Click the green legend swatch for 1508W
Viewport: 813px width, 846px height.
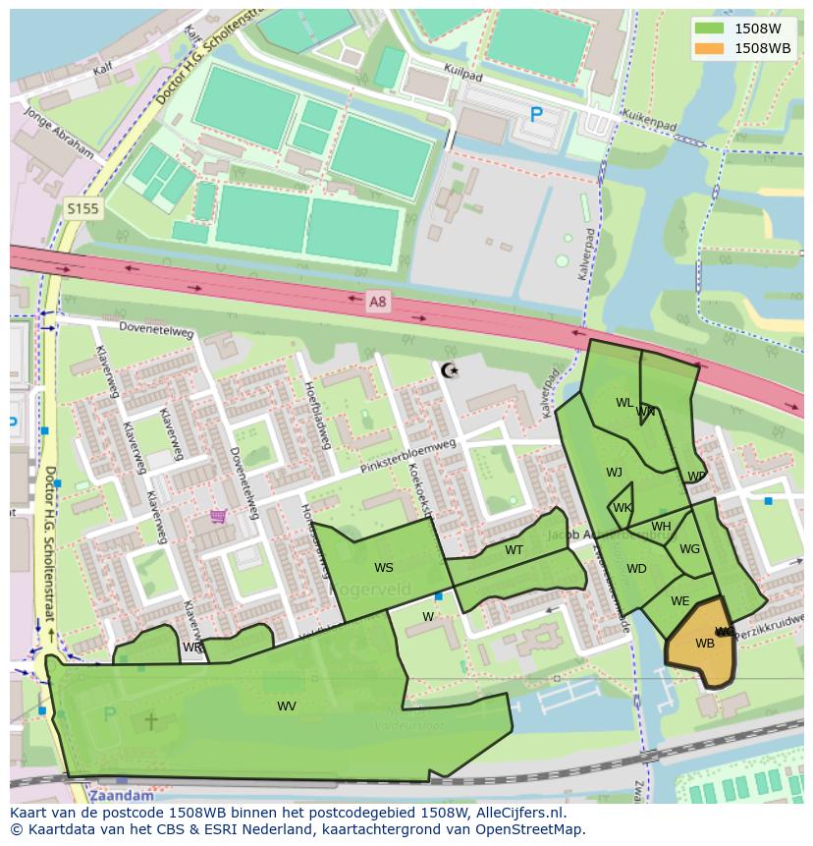tap(707, 28)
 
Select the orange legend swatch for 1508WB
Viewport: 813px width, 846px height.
tap(707, 48)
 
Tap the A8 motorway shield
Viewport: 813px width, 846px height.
tap(377, 302)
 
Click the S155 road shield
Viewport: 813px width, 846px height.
tap(82, 208)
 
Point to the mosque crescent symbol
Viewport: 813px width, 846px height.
tap(450, 370)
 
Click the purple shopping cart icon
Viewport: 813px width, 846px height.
tap(218, 515)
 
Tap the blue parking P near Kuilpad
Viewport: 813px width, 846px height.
tap(536, 115)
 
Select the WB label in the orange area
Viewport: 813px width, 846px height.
tap(704, 644)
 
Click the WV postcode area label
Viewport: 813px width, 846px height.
tap(286, 705)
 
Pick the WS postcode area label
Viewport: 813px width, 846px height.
tap(383, 567)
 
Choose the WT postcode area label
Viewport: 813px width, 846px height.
tap(514, 549)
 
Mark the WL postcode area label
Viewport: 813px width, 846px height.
tap(623, 402)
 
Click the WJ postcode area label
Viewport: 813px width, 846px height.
tap(614, 472)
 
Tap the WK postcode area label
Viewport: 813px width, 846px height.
tap(622, 508)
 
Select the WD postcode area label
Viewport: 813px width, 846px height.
tap(636, 568)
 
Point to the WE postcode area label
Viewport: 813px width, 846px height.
tap(679, 600)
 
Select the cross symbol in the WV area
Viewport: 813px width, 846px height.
tap(151, 721)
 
